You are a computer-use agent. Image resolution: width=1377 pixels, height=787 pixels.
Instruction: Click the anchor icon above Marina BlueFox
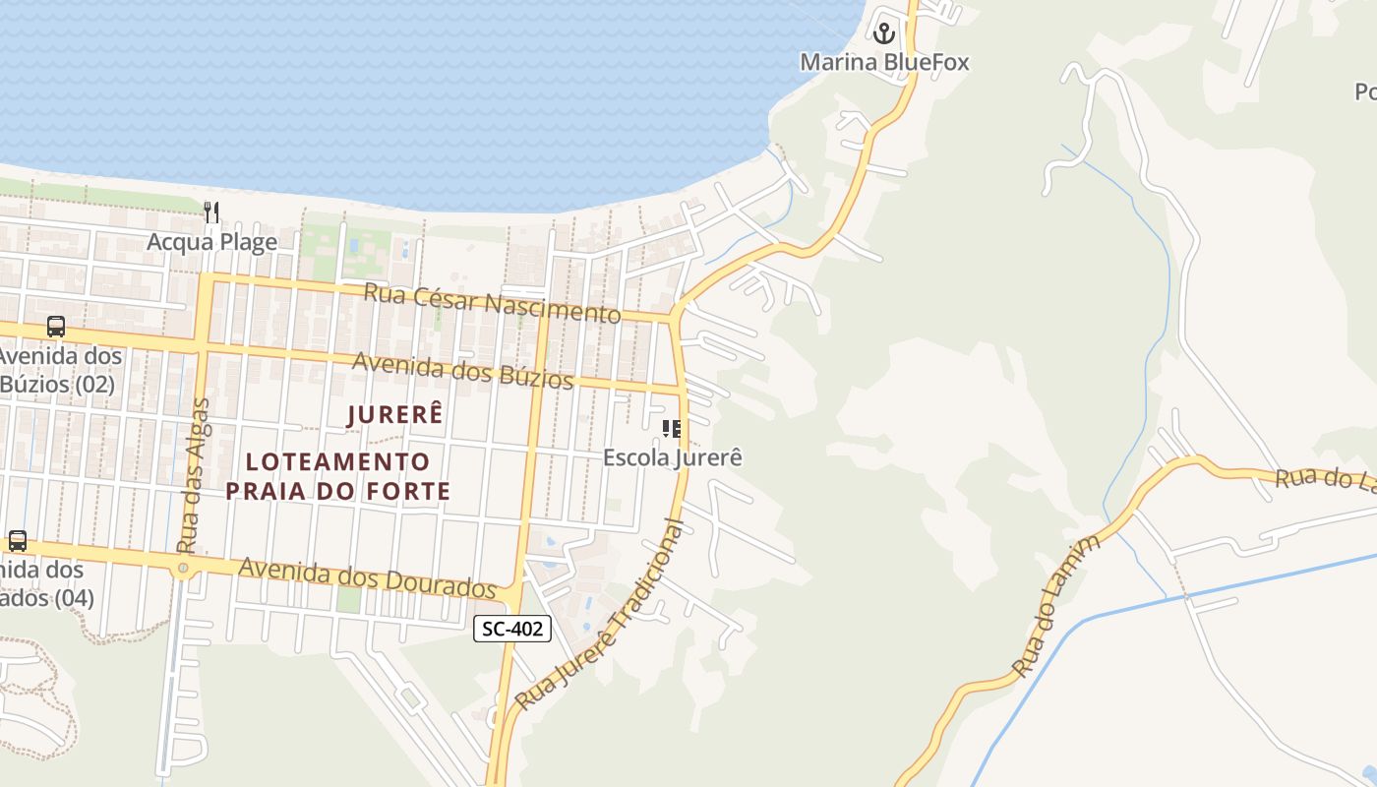tap(884, 34)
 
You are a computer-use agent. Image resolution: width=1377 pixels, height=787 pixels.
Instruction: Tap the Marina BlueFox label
tap(884, 63)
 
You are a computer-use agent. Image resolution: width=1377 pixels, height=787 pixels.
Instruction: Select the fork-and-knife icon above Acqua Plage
tap(210, 212)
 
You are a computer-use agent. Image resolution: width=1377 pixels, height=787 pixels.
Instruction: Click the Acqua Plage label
tap(211, 242)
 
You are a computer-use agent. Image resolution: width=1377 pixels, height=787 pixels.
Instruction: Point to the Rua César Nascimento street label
tap(492, 302)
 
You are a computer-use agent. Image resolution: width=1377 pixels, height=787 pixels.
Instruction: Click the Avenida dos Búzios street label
tap(462, 370)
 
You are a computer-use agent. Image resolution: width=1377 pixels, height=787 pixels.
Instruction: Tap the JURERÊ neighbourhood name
tap(395, 415)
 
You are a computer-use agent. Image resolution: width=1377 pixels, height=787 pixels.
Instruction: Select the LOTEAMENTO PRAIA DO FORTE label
tap(337, 476)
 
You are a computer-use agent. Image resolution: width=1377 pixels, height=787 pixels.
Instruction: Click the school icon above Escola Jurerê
tap(672, 429)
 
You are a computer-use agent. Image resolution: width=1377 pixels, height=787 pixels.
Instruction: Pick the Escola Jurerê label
tap(672, 457)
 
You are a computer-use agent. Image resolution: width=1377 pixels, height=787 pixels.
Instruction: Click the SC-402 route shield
tap(511, 629)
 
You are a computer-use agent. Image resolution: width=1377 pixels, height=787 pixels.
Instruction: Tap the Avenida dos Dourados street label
tap(367, 577)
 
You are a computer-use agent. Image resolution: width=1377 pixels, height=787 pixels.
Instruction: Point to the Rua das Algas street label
tap(194, 475)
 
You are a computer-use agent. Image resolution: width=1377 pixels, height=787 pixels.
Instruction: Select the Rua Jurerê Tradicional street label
tap(599, 615)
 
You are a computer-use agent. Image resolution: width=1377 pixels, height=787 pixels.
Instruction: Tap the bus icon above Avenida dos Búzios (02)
tap(56, 327)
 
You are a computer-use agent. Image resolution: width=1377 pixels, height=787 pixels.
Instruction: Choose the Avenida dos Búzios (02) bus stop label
tap(59, 370)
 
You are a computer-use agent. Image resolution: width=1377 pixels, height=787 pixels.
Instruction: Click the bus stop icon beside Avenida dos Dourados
tap(18, 540)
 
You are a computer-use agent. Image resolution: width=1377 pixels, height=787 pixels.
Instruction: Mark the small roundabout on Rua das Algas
tap(183, 569)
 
